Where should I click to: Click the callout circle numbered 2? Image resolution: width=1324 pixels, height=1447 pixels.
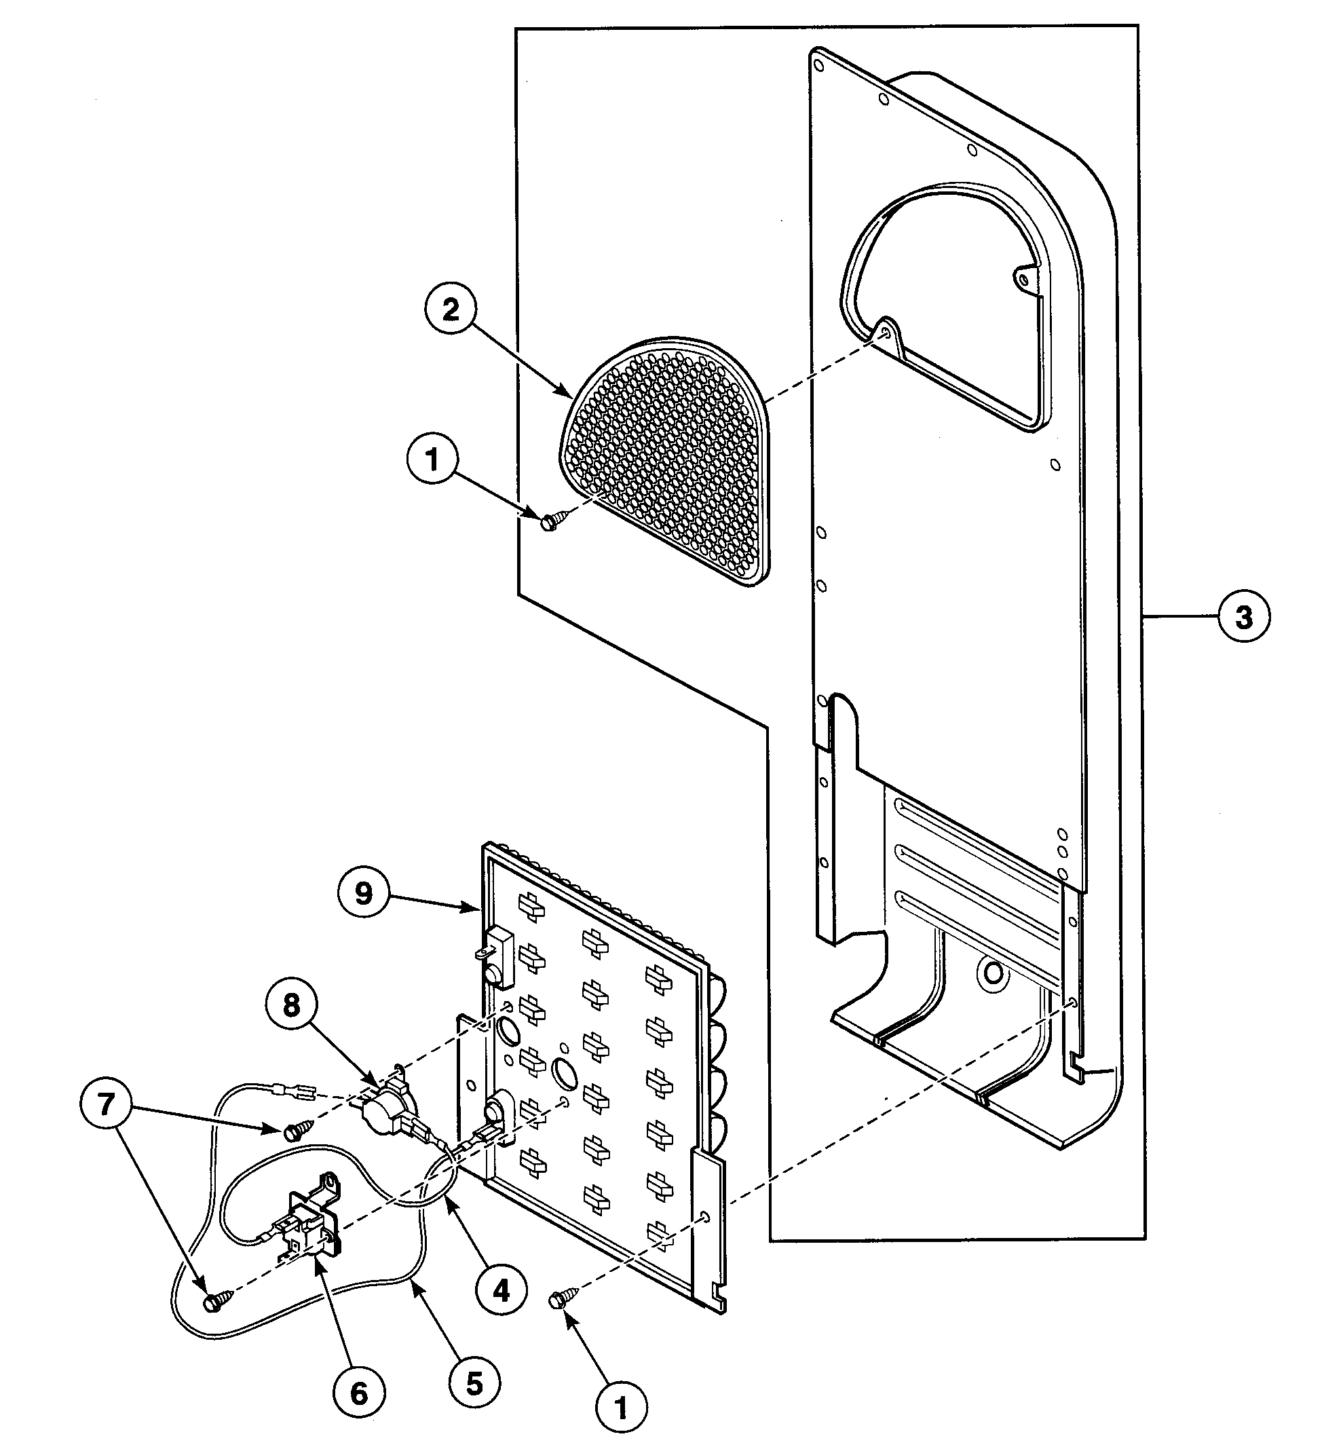[x=450, y=310]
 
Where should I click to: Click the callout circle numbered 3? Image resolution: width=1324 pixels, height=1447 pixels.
[x=1244, y=616]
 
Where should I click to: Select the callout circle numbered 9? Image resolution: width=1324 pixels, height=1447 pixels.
[x=364, y=894]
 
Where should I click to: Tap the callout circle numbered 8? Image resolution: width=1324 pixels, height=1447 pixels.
[x=291, y=1005]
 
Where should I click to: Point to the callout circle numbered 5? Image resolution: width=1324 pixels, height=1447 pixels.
[x=474, y=1383]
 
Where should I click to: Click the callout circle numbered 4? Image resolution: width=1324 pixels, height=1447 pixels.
[x=501, y=1290]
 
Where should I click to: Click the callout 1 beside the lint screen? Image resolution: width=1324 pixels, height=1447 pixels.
[x=432, y=460]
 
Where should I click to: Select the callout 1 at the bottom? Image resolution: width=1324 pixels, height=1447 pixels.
[x=622, y=1408]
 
